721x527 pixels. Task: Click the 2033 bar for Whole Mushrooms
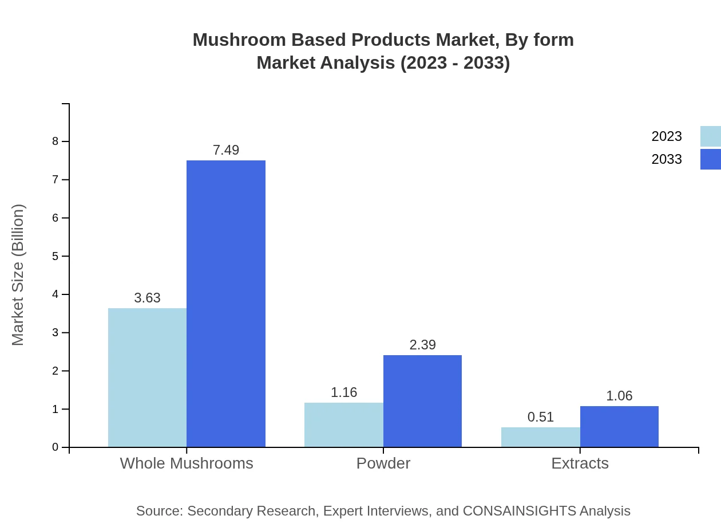226,304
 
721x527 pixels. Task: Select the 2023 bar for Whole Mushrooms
147,377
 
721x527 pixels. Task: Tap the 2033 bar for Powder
422,401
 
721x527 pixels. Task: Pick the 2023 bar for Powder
344,424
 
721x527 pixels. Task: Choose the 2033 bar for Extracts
619,426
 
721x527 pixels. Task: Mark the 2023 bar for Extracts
540,437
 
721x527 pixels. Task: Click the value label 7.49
226,150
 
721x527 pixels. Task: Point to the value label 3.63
147,298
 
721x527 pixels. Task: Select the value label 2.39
422,345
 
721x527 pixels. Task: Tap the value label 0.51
540,417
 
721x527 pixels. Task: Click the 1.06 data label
619,396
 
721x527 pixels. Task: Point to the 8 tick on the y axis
56,141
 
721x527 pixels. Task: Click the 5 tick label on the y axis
56,256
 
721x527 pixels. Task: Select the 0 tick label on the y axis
56,447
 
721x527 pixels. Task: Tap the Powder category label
383,463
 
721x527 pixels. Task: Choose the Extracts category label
580,463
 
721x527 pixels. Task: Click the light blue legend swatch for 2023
710,136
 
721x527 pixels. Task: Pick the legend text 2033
667,159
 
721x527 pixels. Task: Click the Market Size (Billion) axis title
18,275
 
